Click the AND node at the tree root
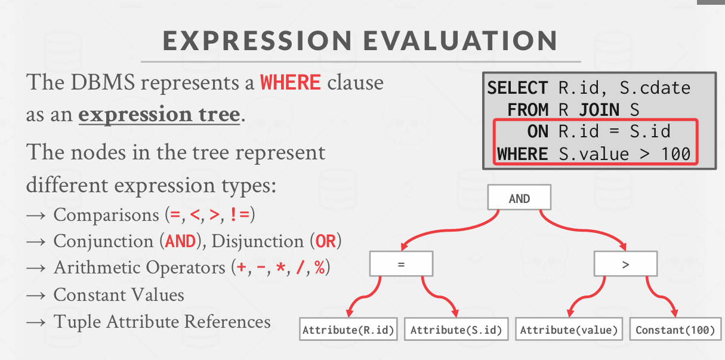(519, 197)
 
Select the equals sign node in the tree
(402, 264)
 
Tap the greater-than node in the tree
(625, 264)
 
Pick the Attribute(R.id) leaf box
(348, 329)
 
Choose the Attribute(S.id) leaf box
(456, 329)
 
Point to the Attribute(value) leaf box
(569, 329)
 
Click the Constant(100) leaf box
(675, 329)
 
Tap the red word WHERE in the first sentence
(291, 82)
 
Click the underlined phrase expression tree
(159, 115)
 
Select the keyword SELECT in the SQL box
(517, 88)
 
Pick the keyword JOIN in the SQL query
(599, 110)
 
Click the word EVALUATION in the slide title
(460, 41)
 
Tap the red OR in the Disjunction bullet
(326, 242)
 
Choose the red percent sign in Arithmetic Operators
(319, 267)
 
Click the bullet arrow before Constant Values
(36, 296)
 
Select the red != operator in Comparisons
(240, 214)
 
